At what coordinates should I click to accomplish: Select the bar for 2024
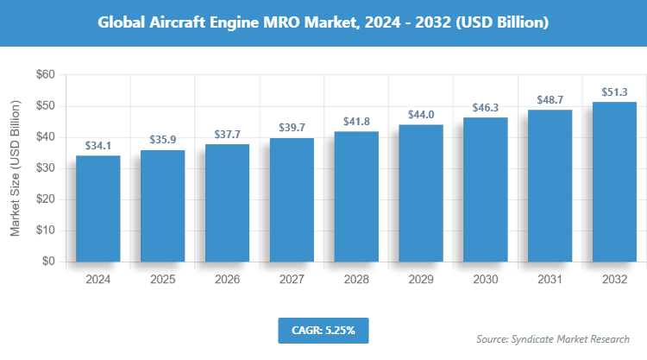point(98,208)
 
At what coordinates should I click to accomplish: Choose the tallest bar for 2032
point(614,181)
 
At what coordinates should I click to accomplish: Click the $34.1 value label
point(98,145)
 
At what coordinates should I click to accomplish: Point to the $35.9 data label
point(163,139)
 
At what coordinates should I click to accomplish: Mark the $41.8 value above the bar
point(356,121)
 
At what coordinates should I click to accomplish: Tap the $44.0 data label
point(421,114)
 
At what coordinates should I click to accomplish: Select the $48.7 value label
point(550,99)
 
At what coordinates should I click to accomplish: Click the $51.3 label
point(614,92)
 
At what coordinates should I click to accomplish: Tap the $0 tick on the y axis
point(48,262)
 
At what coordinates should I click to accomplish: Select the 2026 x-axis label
point(227,280)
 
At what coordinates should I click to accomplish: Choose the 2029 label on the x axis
point(421,280)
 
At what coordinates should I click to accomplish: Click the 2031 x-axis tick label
point(550,280)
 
